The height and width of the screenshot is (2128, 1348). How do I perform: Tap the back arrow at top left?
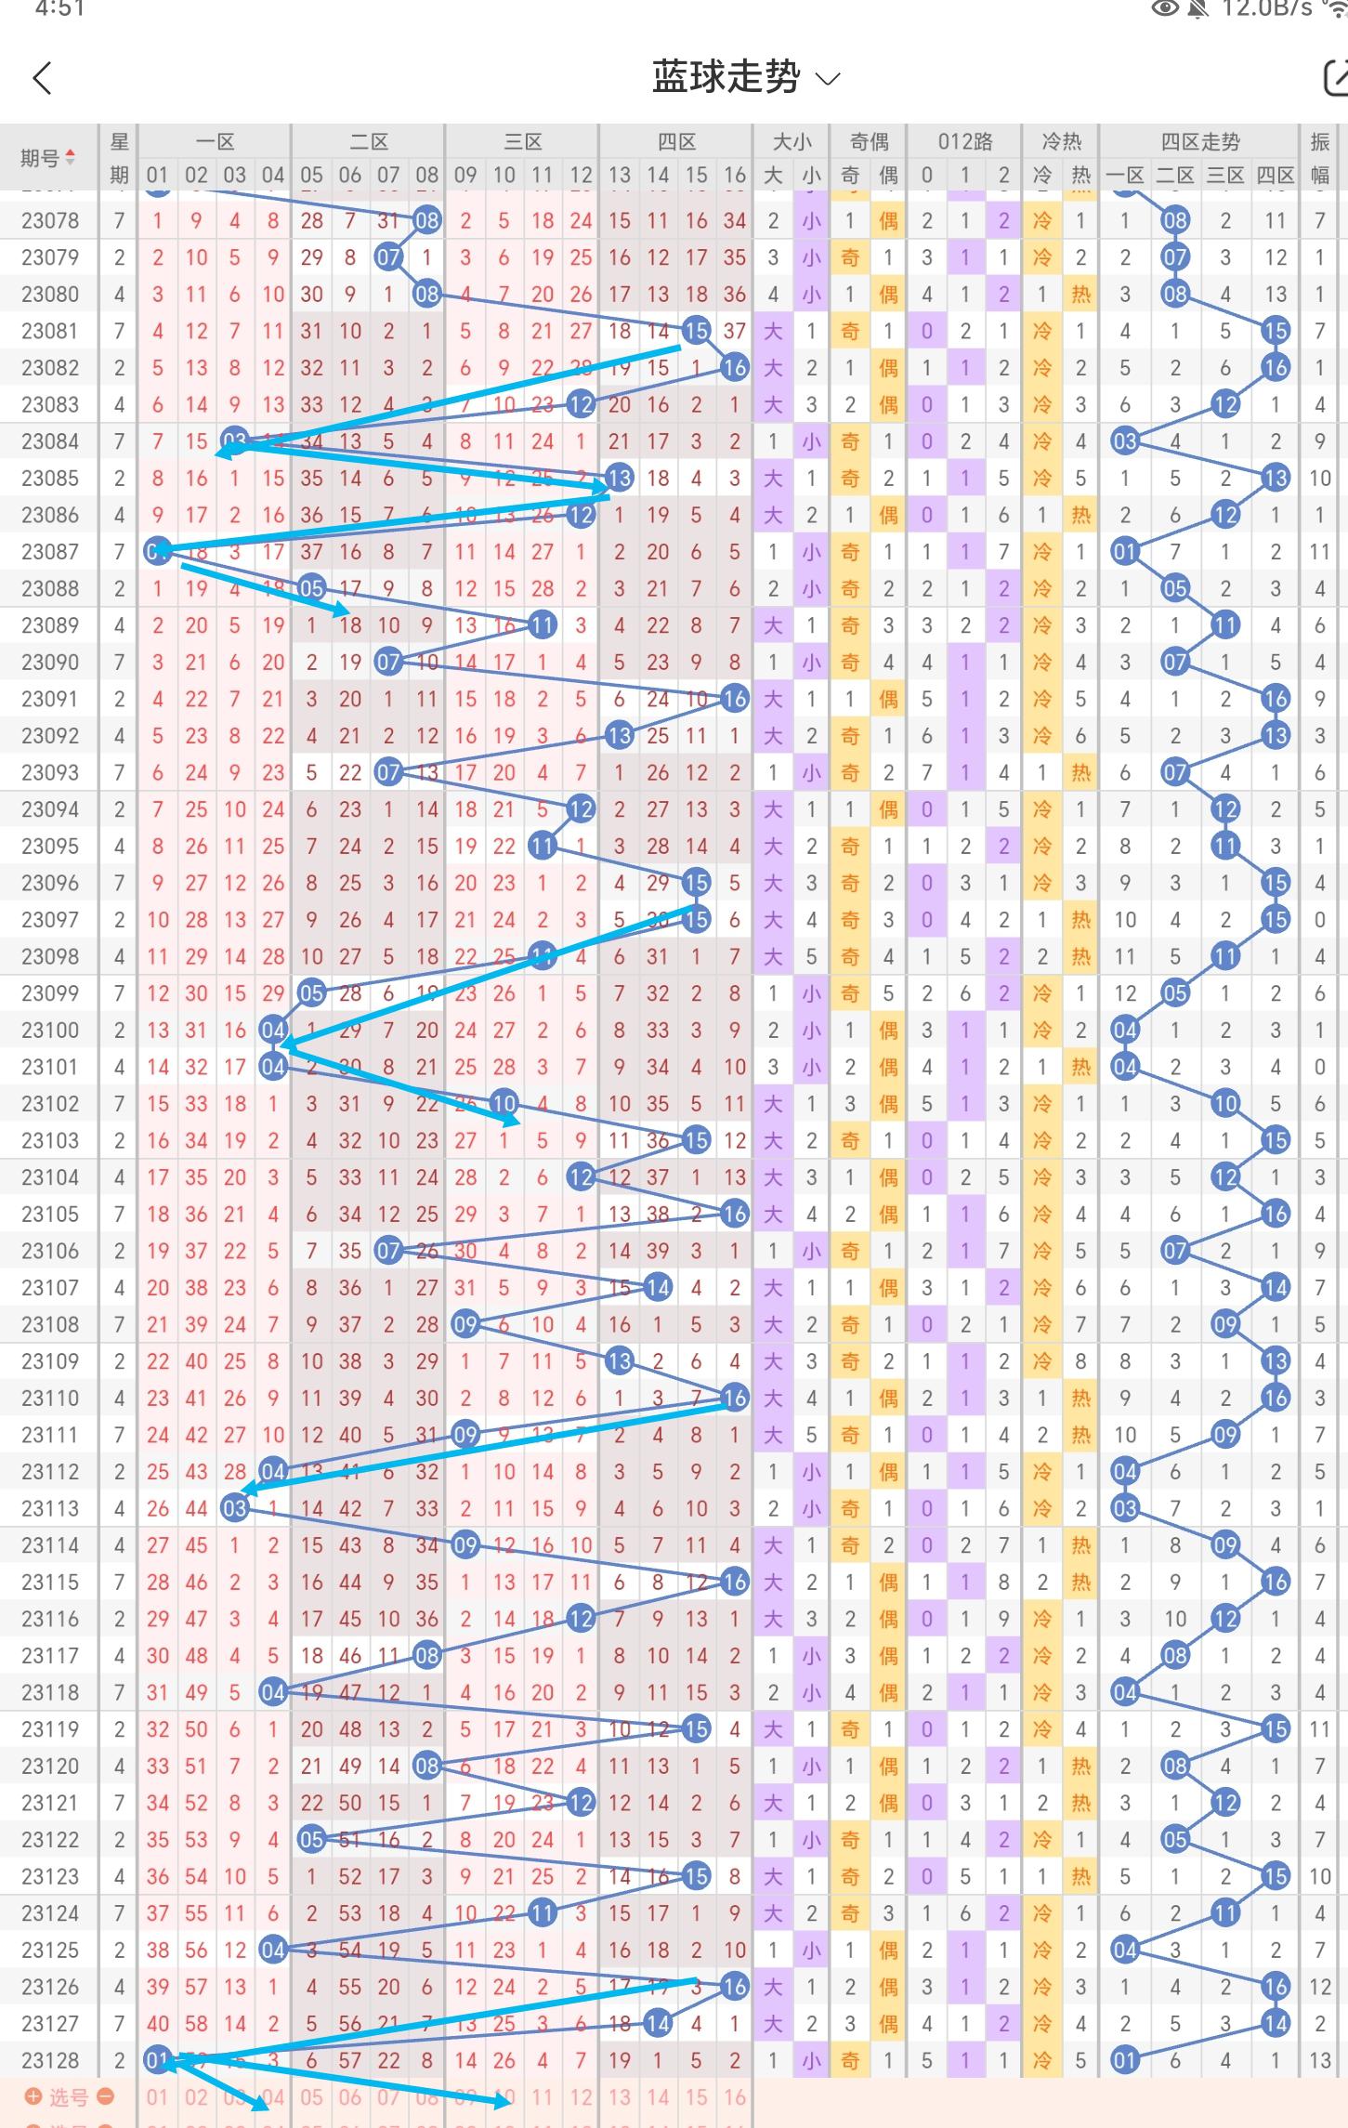(43, 79)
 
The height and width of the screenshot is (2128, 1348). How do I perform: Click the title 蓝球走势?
(726, 77)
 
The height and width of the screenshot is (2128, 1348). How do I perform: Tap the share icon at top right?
(1336, 78)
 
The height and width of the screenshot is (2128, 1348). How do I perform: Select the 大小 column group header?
(792, 142)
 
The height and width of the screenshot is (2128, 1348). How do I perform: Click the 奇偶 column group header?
(869, 142)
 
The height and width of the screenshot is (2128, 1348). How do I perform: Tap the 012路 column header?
(964, 142)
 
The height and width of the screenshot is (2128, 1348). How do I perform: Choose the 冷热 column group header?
(1061, 142)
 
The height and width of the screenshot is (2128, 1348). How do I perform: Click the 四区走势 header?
(1199, 142)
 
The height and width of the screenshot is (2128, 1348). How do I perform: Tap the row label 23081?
(50, 331)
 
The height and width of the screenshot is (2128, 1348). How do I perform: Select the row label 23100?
(50, 1030)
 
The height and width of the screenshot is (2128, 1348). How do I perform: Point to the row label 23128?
(50, 2060)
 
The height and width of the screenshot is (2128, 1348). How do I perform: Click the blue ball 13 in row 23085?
(619, 479)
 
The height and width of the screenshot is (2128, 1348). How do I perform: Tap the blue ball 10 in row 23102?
(504, 1103)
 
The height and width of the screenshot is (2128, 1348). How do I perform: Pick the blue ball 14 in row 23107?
(658, 1287)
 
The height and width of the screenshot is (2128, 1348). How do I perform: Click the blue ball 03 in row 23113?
(235, 1508)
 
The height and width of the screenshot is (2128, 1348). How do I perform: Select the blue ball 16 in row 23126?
(734, 1987)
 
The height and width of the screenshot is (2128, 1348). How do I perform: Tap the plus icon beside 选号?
(33, 2096)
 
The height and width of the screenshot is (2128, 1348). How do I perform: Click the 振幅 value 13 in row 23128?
(1319, 2060)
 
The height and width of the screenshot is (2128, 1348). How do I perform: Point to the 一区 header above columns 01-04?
(215, 142)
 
